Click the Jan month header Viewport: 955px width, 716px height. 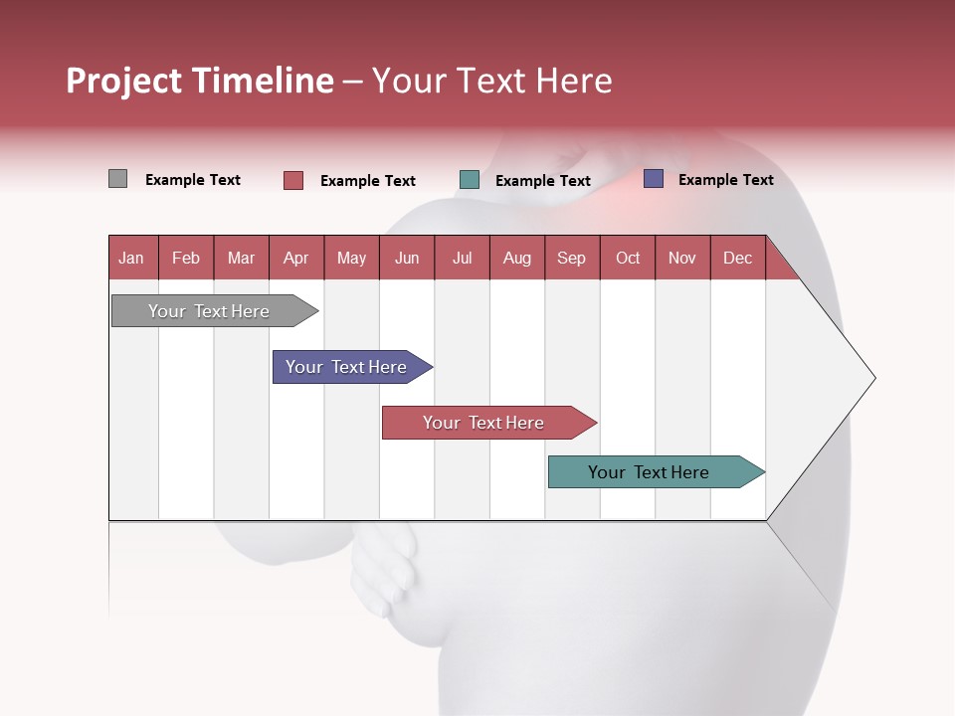pyautogui.click(x=131, y=258)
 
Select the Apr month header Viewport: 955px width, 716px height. pyautogui.click(x=295, y=258)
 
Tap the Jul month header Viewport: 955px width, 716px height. pyautogui.click(x=462, y=258)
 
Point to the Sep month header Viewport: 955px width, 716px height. pyautogui.click(x=571, y=258)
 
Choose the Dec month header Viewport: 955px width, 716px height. pyautogui.click(x=737, y=258)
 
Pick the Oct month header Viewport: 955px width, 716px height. pyautogui.click(x=627, y=258)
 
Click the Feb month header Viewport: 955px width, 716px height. pyautogui.click(x=186, y=258)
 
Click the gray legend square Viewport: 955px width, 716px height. pyautogui.click(x=117, y=179)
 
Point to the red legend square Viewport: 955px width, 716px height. pyautogui.click(x=292, y=180)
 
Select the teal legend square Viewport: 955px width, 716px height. pyautogui.click(x=470, y=180)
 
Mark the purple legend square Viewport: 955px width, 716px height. pyautogui.click(x=654, y=179)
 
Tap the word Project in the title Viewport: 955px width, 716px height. pyautogui.click(x=124, y=81)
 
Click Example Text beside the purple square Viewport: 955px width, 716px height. pyautogui.click(x=725, y=180)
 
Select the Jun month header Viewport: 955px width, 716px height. pyautogui.click(x=406, y=258)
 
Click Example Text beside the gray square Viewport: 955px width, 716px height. pyautogui.click(x=192, y=180)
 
